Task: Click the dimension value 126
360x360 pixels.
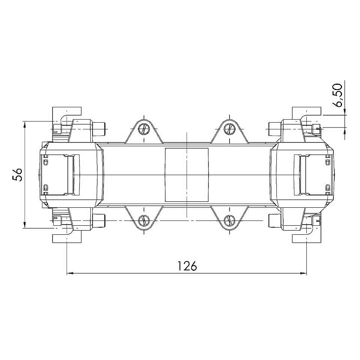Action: pyautogui.click(x=187, y=266)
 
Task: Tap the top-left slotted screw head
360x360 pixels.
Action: pyautogui.click(x=144, y=129)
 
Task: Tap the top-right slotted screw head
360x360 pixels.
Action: pyautogui.click(x=229, y=129)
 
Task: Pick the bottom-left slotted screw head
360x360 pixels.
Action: pyautogui.click(x=144, y=220)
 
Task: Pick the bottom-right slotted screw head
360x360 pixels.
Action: pyautogui.click(x=229, y=220)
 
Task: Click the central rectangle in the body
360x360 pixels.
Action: pyautogui.click(x=187, y=175)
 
